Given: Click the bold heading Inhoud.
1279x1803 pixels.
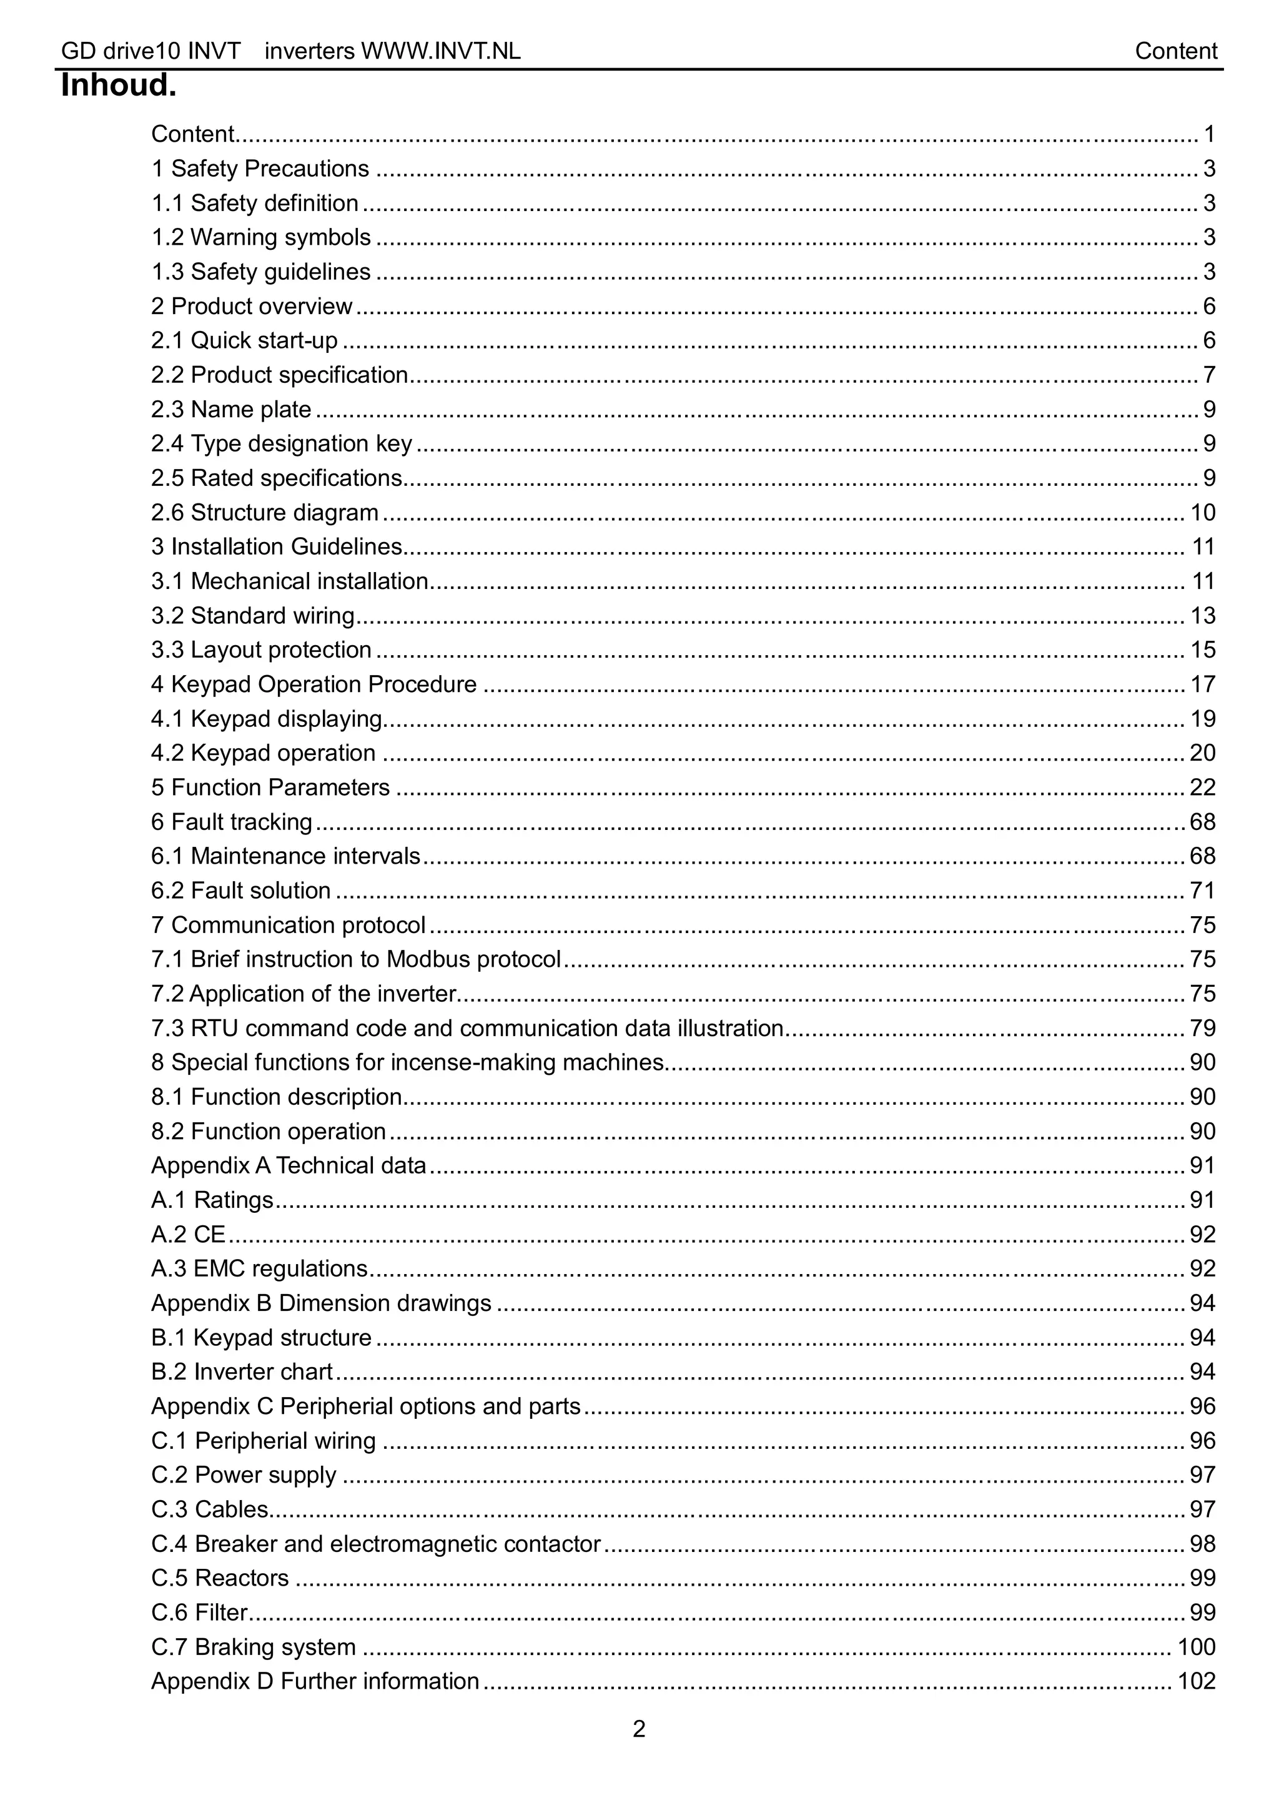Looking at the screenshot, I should pos(118,85).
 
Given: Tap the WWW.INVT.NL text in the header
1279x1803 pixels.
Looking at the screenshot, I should pos(440,51).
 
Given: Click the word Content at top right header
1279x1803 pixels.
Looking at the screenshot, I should pos(1175,51).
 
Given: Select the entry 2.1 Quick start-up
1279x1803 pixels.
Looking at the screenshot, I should pos(244,340).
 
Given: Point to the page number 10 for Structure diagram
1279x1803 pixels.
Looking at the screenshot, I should pos(1202,513).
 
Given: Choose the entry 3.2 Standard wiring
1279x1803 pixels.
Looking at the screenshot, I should pos(253,616).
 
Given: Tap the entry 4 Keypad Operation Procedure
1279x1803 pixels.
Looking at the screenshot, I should pos(314,684).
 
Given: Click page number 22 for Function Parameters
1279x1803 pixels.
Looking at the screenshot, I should pos(1202,788).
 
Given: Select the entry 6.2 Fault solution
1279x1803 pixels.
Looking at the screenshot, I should pos(241,891).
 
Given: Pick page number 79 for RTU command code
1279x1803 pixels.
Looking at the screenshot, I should pos(1202,1028).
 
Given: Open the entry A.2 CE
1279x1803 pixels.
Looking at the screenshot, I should pos(188,1234).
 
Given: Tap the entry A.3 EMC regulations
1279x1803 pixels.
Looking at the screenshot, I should pos(259,1268).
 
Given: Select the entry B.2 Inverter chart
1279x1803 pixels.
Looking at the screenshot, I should pos(242,1371).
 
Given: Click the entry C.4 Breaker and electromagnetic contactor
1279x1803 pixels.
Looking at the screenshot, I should pos(376,1543).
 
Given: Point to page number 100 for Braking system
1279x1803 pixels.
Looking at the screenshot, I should pos(1195,1646).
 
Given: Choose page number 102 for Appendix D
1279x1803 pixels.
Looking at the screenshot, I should pos(1195,1681).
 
